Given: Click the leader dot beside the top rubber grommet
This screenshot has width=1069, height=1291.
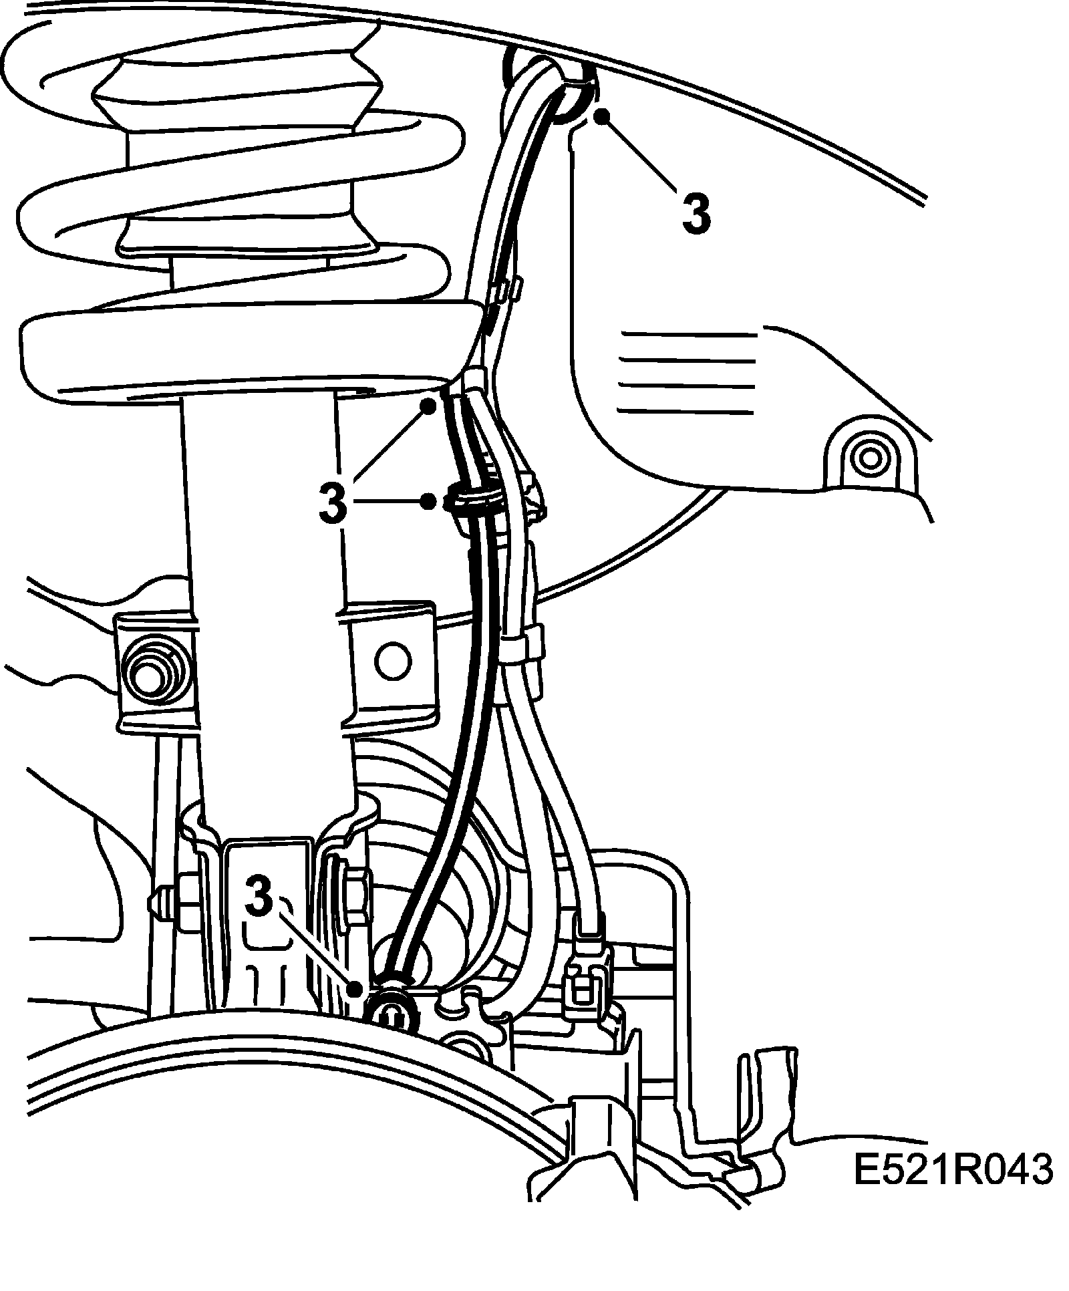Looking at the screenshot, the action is [x=603, y=116].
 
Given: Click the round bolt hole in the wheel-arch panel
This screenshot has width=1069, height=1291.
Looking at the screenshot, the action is [x=869, y=458].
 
